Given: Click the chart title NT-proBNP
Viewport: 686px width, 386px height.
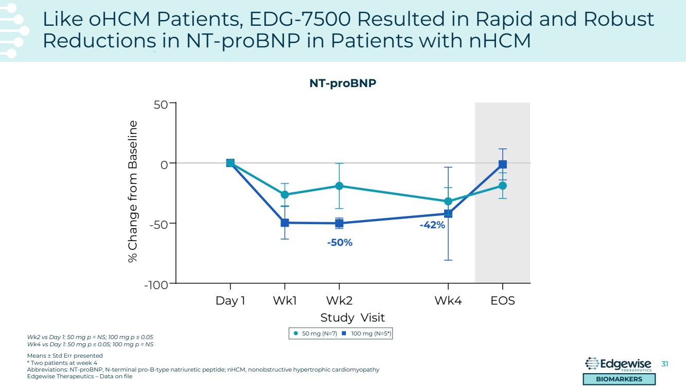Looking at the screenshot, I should pyautogui.click(x=343, y=83).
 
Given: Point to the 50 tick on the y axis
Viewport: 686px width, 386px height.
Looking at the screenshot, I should pyautogui.click(x=161, y=105).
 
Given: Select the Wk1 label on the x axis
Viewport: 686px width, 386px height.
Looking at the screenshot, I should pyautogui.click(x=285, y=300).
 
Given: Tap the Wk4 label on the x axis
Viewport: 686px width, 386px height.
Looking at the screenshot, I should pyautogui.click(x=448, y=300).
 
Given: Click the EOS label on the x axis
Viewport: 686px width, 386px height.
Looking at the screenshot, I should pyautogui.click(x=502, y=300).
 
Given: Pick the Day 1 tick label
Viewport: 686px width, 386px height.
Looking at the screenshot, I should pyautogui.click(x=230, y=300).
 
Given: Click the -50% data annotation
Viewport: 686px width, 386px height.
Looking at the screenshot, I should pyautogui.click(x=340, y=242).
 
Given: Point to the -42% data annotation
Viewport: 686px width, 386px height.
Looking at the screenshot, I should pyautogui.click(x=432, y=225).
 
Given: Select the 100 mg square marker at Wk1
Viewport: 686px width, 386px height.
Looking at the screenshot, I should pyautogui.click(x=285, y=223).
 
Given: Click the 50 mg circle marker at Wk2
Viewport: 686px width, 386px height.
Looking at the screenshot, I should pyautogui.click(x=339, y=186).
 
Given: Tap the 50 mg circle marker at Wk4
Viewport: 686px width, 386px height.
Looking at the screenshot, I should pyautogui.click(x=448, y=202).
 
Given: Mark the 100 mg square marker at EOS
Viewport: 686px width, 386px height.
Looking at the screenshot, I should pyautogui.click(x=503, y=164).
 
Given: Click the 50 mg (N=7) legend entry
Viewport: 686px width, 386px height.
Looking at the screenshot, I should pyautogui.click(x=314, y=334).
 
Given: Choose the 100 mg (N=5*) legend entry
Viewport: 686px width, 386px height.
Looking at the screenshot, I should pyautogui.click(x=367, y=334).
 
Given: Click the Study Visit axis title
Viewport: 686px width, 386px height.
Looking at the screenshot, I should pyautogui.click(x=353, y=317).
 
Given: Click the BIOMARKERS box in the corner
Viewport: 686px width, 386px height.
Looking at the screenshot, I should pyautogui.click(x=619, y=379).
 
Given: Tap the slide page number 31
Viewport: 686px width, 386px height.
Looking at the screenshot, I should pyautogui.click(x=664, y=364).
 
